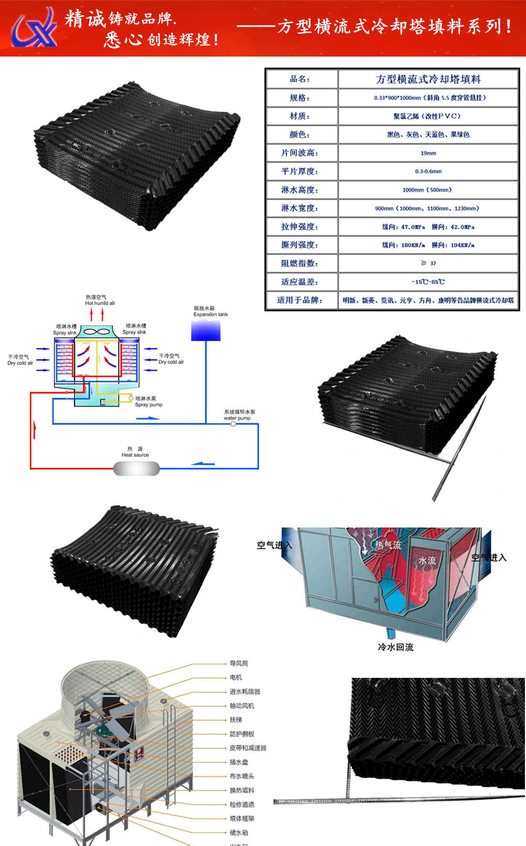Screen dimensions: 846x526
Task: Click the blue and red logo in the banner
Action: click(35, 27)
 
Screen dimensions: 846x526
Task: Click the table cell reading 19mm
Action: click(428, 153)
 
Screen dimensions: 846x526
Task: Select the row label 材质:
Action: click(300, 116)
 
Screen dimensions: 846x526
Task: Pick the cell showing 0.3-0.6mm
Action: click(428, 171)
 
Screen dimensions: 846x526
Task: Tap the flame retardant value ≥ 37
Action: click(428, 263)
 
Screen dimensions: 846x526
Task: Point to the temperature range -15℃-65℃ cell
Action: click(428, 282)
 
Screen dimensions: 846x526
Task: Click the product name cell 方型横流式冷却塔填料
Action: click(428, 79)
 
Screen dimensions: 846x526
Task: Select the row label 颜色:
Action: click(300, 135)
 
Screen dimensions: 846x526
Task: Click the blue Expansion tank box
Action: click(206, 331)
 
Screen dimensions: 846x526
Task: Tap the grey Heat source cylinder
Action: click(137, 468)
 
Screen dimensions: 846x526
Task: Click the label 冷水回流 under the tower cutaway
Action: click(396, 647)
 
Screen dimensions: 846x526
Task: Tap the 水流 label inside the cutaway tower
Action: click(427, 560)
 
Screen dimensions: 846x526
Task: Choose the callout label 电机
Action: click(236, 677)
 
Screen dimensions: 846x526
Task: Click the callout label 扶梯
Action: click(236, 720)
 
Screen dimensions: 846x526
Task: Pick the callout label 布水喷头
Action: click(242, 776)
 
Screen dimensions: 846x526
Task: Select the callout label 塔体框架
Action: click(242, 819)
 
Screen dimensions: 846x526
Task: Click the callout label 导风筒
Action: click(238, 663)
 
